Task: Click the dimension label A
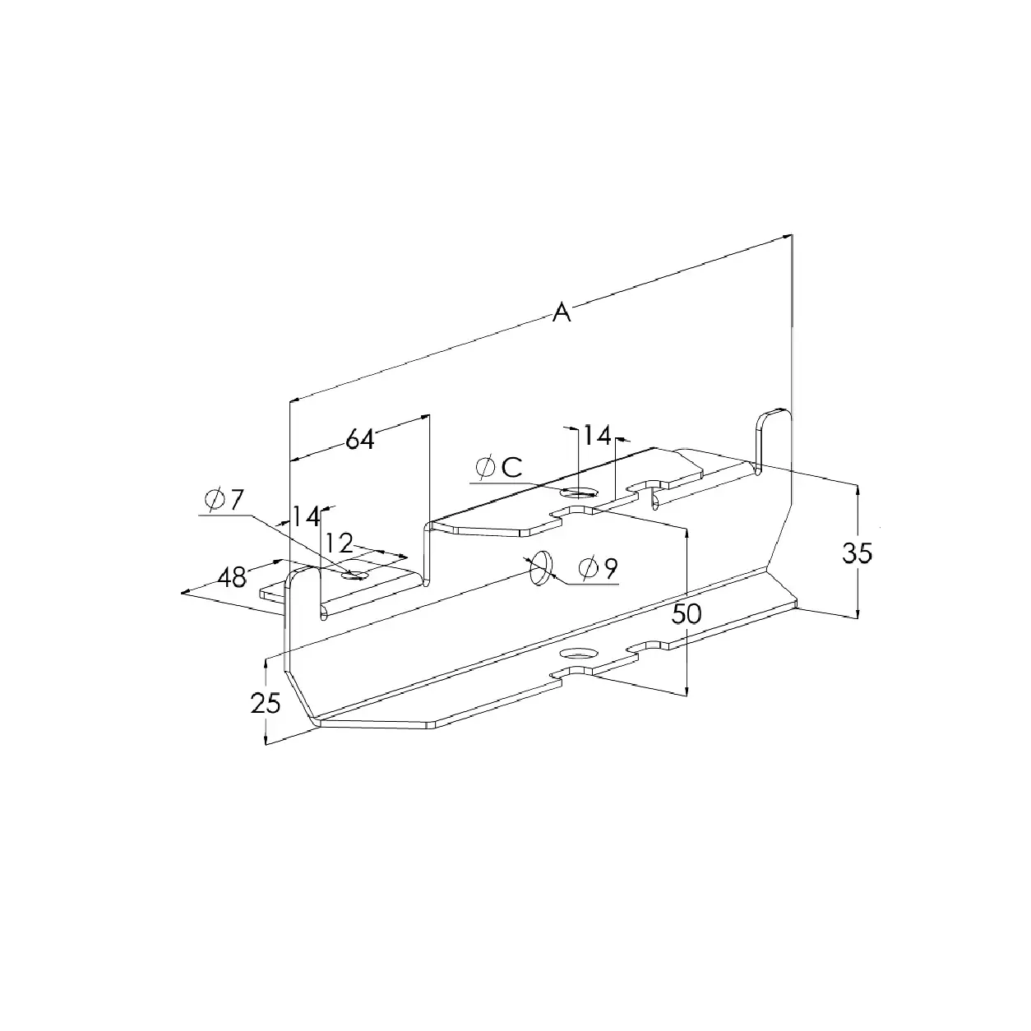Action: pos(562,312)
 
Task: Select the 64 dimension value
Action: pos(360,440)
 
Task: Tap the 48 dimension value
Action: pos(232,578)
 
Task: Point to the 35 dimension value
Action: pos(858,553)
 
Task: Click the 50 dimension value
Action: pos(687,614)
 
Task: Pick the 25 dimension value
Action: pos(266,704)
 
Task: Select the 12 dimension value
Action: pos(339,543)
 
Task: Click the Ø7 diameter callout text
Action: pos(224,500)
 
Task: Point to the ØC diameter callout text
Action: pos(499,467)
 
